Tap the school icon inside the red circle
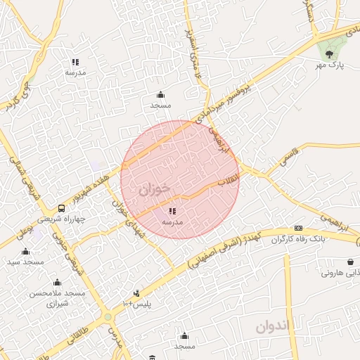[x=172, y=210]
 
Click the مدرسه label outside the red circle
[x=75, y=72]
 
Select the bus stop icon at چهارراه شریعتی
[x=61, y=208]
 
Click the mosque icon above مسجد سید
[x=26, y=251]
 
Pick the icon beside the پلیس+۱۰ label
[x=136, y=293]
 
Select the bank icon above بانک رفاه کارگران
[x=299, y=229]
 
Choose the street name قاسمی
[x=289, y=155]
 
